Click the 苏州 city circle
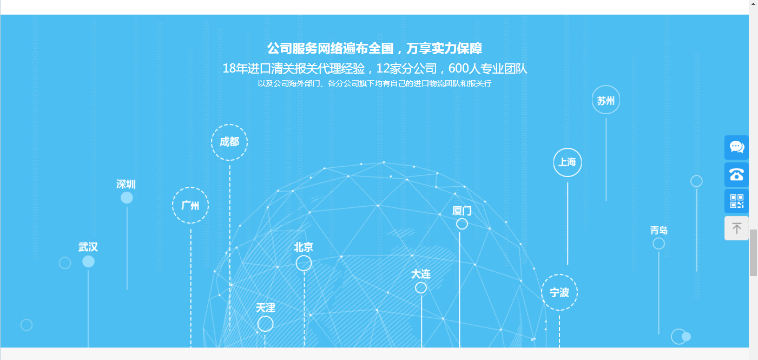605,100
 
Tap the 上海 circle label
567,162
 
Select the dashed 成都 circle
229,142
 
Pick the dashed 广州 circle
190,205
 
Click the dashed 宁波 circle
559,292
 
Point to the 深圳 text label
126,184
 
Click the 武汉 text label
88,247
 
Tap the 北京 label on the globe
304,247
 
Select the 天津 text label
265,307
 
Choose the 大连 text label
420,274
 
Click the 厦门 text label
462,211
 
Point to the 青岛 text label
658,230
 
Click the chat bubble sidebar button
736,147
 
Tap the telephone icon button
736,174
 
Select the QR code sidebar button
736,201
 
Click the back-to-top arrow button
736,228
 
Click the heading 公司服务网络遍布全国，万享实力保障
374,49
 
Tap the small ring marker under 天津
265,324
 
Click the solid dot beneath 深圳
127,198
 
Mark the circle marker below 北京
304,263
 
